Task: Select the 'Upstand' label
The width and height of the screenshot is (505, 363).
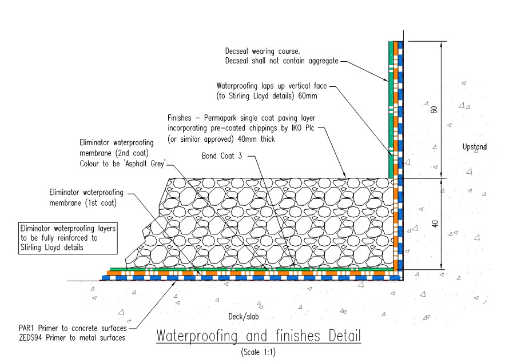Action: (x=475, y=147)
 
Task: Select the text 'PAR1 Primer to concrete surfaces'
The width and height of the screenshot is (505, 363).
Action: (x=71, y=329)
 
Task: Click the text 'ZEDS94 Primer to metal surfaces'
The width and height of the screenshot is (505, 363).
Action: (x=72, y=338)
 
